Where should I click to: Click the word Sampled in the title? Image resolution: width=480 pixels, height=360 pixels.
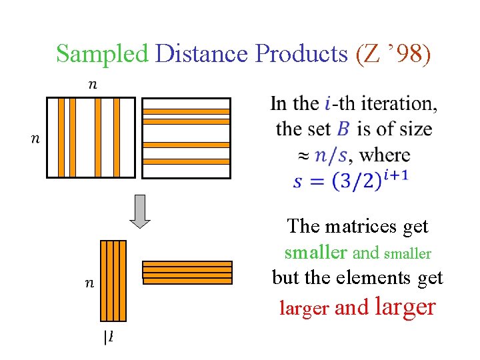(x=102, y=53)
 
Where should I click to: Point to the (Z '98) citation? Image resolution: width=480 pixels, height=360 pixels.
(x=394, y=53)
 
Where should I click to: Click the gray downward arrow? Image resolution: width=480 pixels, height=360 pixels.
(x=139, y=211)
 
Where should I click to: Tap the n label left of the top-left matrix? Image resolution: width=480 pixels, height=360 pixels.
(x=36, y=138)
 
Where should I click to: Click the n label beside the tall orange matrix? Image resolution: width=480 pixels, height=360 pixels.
(x=89, y=283)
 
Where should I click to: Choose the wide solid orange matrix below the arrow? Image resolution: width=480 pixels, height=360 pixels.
(x=187, y=273)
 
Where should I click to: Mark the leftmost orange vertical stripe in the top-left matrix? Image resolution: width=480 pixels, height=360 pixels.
(x=61, y=137)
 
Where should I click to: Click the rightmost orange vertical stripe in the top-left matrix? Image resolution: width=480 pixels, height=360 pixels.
(x=117, y=137)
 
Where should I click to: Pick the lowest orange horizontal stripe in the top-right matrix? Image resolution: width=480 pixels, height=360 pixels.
(x=187, y=161)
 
